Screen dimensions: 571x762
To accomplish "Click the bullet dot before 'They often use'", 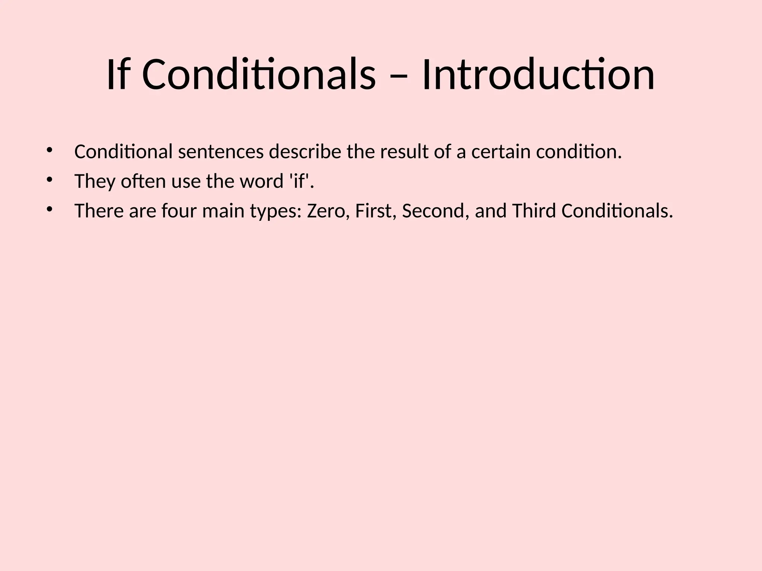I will pos(49,180).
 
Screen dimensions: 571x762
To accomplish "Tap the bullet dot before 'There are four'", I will pos(49,209).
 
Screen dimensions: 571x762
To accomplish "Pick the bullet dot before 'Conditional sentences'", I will pos(49,150).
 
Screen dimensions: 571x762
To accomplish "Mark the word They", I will pos(95,182).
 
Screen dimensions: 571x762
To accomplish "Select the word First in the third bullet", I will pos(375,211).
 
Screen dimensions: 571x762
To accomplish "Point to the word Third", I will pos(534,211).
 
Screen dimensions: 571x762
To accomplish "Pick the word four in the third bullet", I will pos(179,211).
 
